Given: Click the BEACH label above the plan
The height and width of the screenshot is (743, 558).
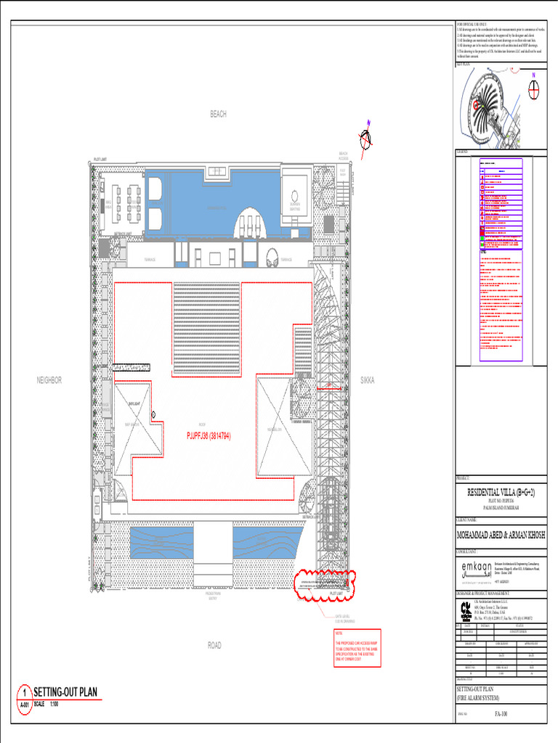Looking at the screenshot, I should [218, 114].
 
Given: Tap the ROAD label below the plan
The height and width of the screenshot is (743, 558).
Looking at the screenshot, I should [214, 645].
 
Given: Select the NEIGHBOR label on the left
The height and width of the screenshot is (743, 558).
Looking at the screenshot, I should [49, 380].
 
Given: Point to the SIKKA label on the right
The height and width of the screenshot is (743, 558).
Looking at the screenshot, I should [367, 380].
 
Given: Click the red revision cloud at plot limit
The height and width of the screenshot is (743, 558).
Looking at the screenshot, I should [323, 585].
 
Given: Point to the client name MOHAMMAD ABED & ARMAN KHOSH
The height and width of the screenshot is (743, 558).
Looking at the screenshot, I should [501, 535].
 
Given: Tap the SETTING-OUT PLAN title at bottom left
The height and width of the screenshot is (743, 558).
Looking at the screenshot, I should [65, 692].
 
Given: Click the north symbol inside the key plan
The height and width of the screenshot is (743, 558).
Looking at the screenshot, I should [534, 89].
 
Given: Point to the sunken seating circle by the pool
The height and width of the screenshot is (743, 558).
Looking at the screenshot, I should [295, 197].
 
